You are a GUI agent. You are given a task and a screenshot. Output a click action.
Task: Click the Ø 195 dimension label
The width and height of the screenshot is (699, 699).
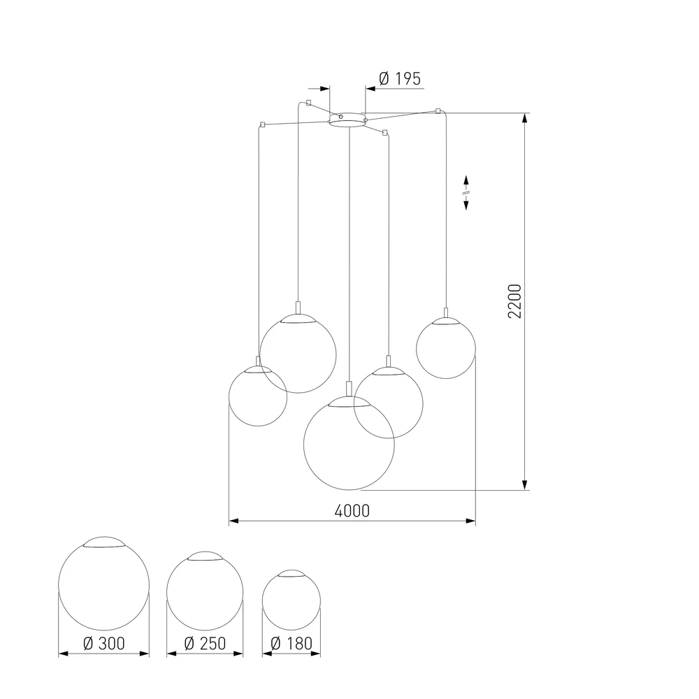click(x=399, y=79)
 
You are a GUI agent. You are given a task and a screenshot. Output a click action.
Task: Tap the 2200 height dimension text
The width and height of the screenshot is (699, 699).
click(x=515, y=301)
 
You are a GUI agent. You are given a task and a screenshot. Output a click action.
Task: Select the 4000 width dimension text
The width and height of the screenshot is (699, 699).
click(x=352, y=510)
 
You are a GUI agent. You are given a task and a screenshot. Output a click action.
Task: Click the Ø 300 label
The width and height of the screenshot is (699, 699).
click(x=103, y=643)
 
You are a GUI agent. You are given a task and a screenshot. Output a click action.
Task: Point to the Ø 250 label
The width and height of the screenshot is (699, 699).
click(x=204, y=643)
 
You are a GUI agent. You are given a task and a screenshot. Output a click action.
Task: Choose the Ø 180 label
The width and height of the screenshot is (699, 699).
click(x=291, y=643)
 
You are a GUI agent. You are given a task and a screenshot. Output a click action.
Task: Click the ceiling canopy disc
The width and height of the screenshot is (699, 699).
click(x=347, y=121)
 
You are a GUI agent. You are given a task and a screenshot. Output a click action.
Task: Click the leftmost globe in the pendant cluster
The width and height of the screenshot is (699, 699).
click(x=258, y=396)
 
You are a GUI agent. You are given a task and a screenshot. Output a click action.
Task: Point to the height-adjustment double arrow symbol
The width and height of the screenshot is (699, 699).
click(x=466, y=192)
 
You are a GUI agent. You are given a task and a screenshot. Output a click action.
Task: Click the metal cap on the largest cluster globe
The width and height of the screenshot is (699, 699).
click(x=349, y=402)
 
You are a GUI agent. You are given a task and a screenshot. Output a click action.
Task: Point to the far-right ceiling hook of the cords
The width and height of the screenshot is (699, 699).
click(x=438, y=110)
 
